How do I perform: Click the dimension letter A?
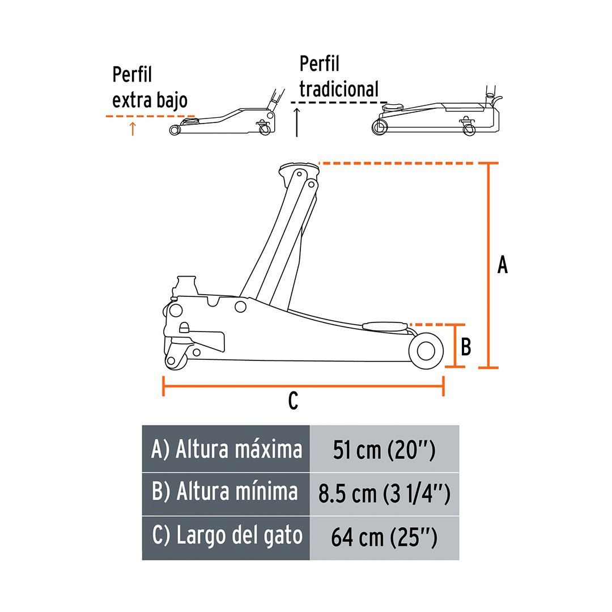(502, 265)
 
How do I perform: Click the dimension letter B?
(466, 346)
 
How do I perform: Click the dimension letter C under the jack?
(292, 401)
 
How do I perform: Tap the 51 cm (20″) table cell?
(384, 450)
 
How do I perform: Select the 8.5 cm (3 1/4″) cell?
(384, 494)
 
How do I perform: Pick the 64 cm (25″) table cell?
(384, 537)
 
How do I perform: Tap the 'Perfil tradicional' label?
(339, 77)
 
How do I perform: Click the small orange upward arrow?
(133, 129)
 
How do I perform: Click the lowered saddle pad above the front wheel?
(384, 325)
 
